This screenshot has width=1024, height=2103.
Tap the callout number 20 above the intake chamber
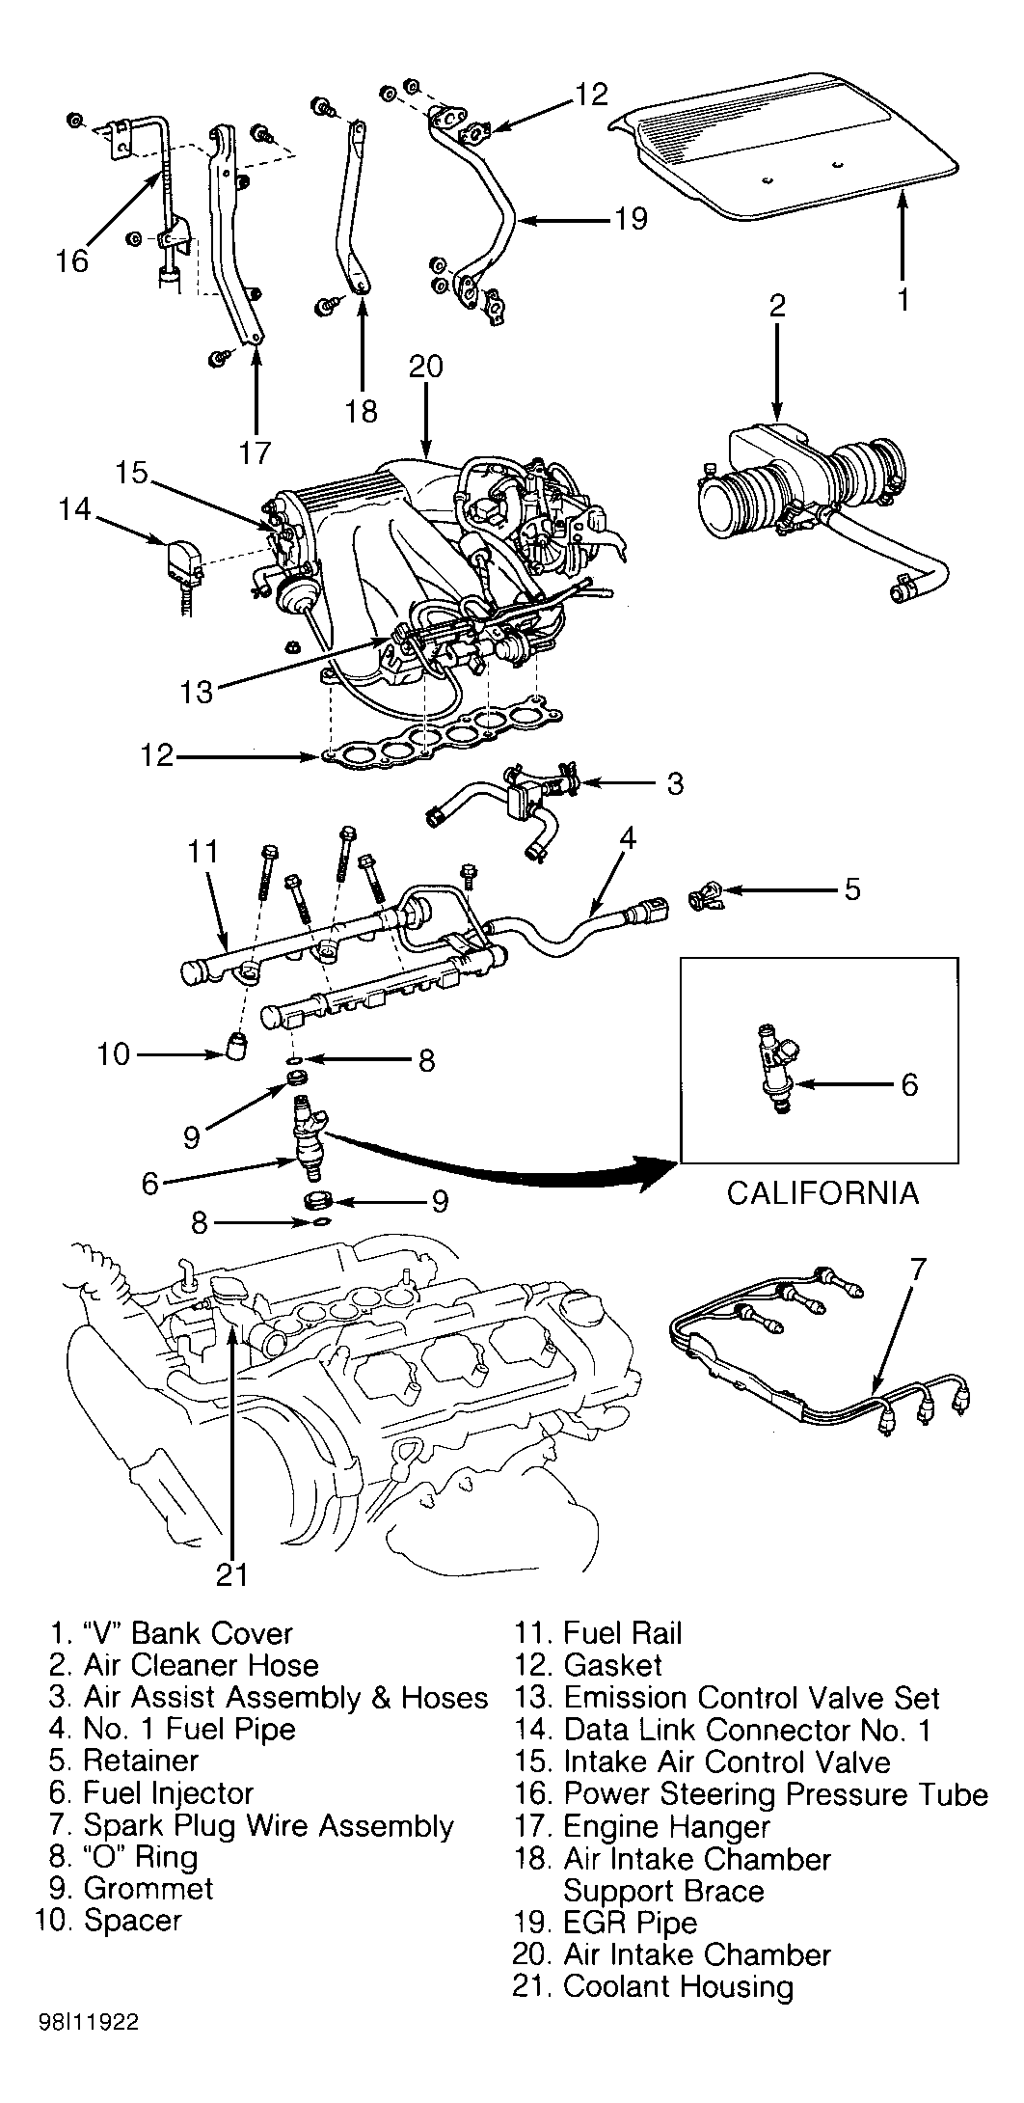425,366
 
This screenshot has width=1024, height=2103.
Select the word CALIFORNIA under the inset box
822,1192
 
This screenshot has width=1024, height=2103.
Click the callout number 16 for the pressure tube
71,260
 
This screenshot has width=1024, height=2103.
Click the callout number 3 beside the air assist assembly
674,782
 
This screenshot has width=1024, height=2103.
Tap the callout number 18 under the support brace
362,411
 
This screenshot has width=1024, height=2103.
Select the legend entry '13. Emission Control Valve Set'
726,1697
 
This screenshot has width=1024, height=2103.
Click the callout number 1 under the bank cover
903,299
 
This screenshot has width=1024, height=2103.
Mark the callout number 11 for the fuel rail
202,852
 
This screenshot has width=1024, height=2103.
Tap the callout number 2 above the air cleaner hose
777,306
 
